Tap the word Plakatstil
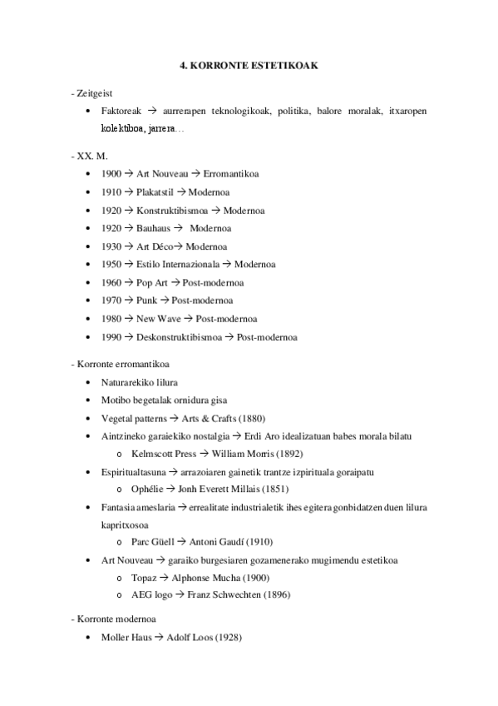[x=155, y=192]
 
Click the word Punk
[x=146, y=301]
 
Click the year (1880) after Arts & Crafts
[x=251, y=418]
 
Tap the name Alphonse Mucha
[x=205, y=578]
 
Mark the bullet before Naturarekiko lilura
[x=89, y=382]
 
